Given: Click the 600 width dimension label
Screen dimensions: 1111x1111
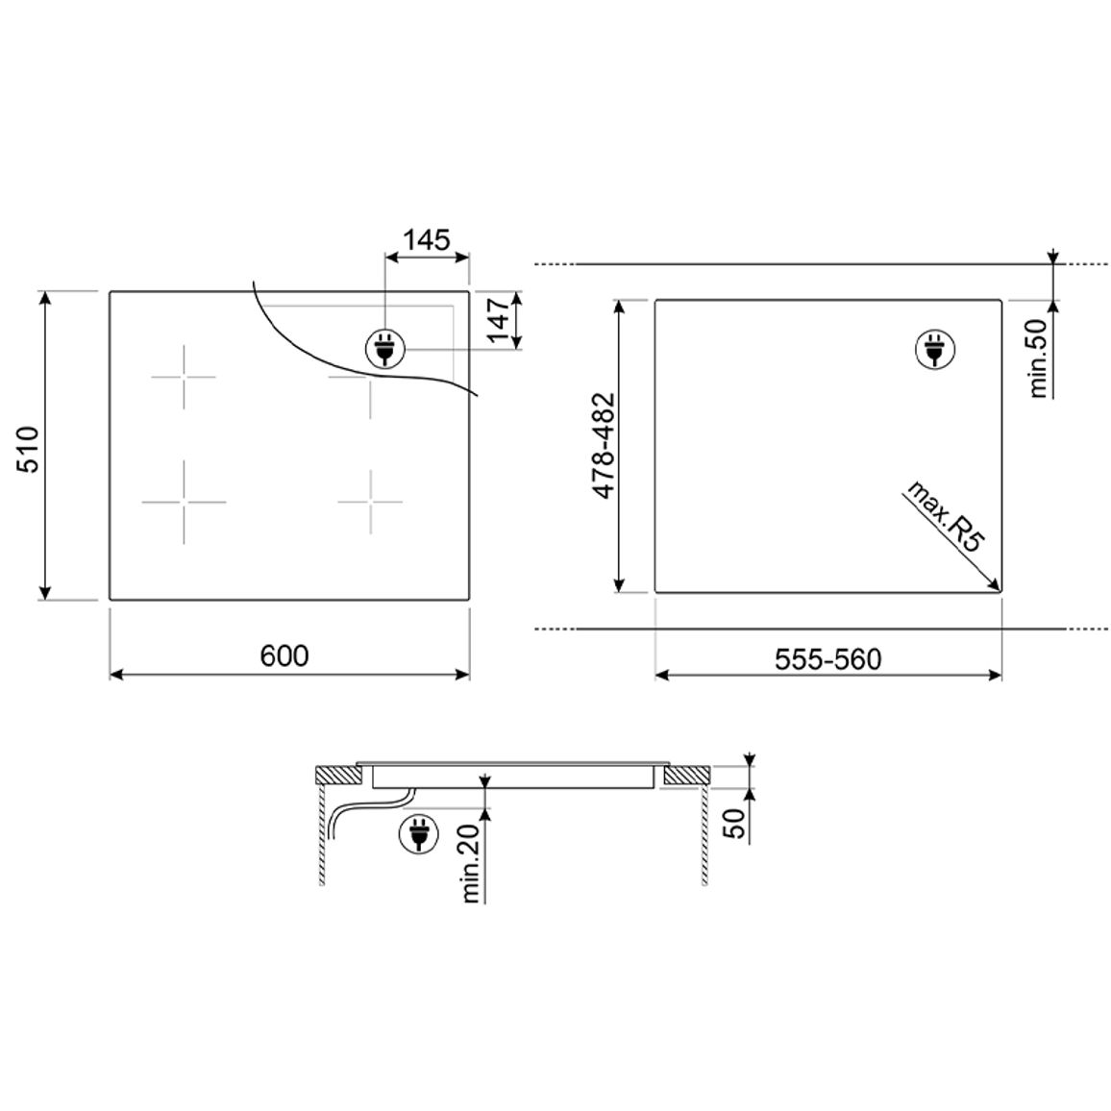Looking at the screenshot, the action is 284,655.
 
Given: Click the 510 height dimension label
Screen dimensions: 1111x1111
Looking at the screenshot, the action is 28,449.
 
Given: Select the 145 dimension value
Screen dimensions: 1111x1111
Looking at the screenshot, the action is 427,240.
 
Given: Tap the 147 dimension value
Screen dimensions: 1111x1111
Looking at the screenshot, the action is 499,319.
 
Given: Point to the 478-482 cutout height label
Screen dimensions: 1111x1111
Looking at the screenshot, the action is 604,445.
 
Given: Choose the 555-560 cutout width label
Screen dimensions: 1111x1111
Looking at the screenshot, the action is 827,659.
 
